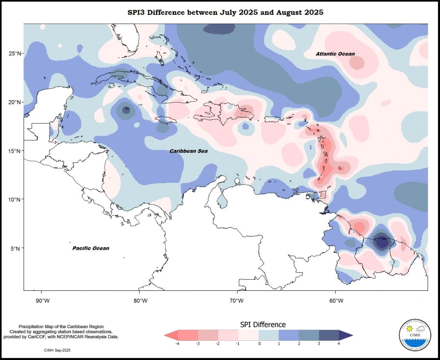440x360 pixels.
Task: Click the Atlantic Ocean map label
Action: pyautogui.click(x=335, y=54)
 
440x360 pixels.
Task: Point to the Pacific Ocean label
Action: pyautogui.click(x=91, y=248)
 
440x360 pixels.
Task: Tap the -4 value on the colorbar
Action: pyautogui.click(x=177, y=343)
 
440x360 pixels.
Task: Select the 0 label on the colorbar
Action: pyautogui.click(x=259, y=343)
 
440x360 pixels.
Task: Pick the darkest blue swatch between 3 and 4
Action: pyautogui.click(x=329, y=335)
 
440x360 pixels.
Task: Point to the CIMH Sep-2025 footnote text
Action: pyautogui.click(x=57, y=350)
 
